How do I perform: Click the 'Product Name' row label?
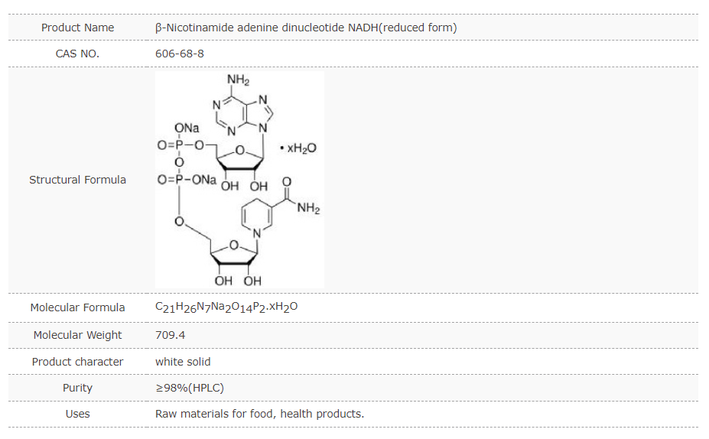[77, 28]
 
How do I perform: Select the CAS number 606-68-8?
[180, 54]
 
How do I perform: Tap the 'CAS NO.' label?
[77, 54]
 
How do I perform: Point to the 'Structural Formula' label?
[77, 180]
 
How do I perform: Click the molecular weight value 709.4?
[170, 335]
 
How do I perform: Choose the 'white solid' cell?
[183, 362]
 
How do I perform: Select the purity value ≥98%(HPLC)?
[190, 388]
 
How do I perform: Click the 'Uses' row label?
[77, 414]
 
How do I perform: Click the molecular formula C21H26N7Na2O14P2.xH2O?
[226, 307]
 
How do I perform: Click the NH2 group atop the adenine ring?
[238, 80]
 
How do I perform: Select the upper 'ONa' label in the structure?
[187, 128]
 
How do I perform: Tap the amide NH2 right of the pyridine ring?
[308, 208]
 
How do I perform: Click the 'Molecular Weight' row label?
[77, 335]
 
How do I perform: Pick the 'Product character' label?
[77, 362]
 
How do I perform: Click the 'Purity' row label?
[77, 388]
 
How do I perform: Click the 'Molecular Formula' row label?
[77, 307]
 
